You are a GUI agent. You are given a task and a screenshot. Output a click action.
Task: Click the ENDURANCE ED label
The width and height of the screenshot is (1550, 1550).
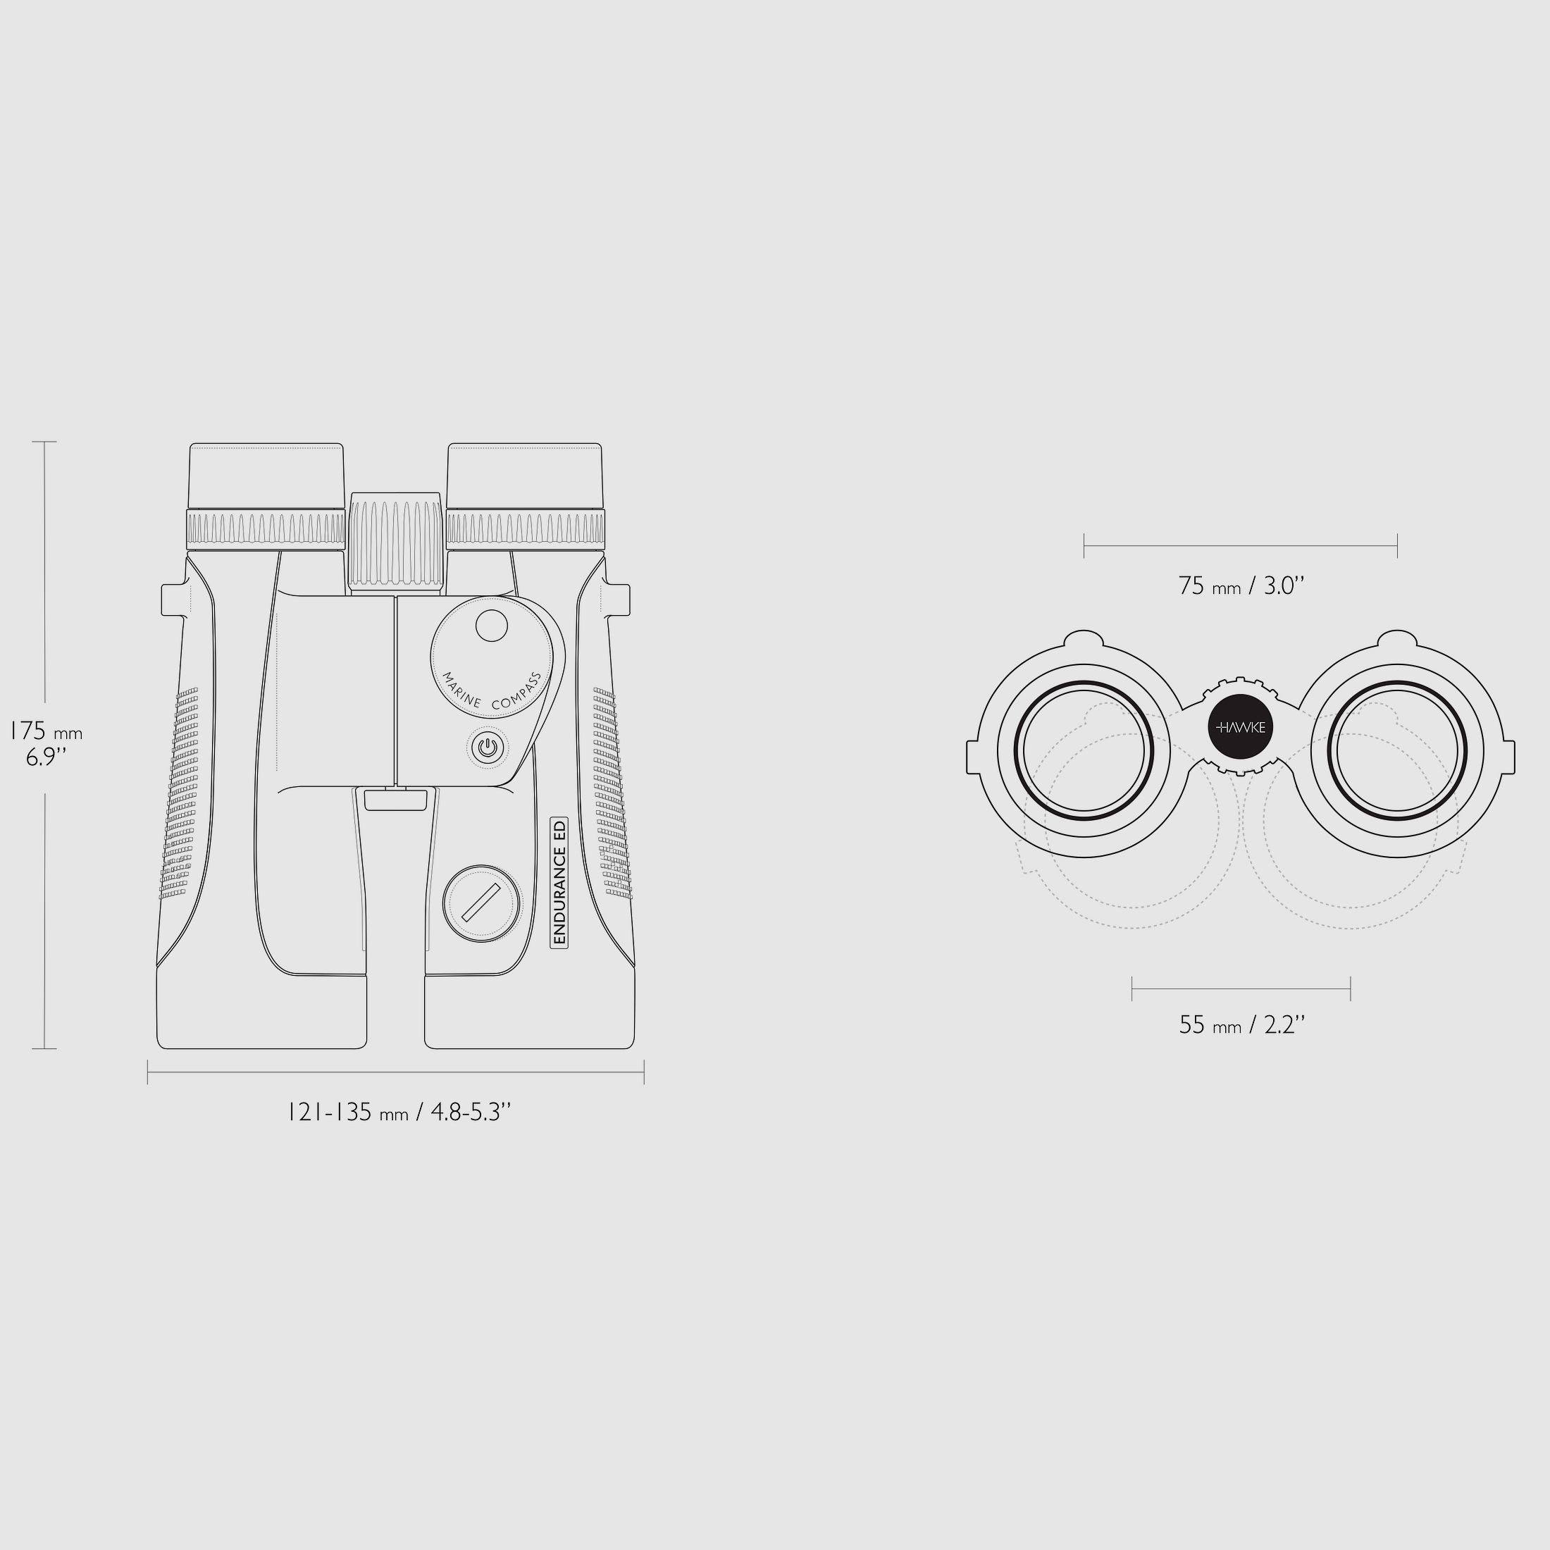click(559, 883)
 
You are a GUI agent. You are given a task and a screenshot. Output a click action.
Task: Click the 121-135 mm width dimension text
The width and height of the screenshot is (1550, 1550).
click(399, 1112)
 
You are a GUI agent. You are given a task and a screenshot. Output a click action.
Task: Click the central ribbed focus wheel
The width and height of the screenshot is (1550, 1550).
click(395, 543)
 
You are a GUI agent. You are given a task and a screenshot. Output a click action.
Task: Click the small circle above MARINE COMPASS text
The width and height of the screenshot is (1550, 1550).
click(492, 626)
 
